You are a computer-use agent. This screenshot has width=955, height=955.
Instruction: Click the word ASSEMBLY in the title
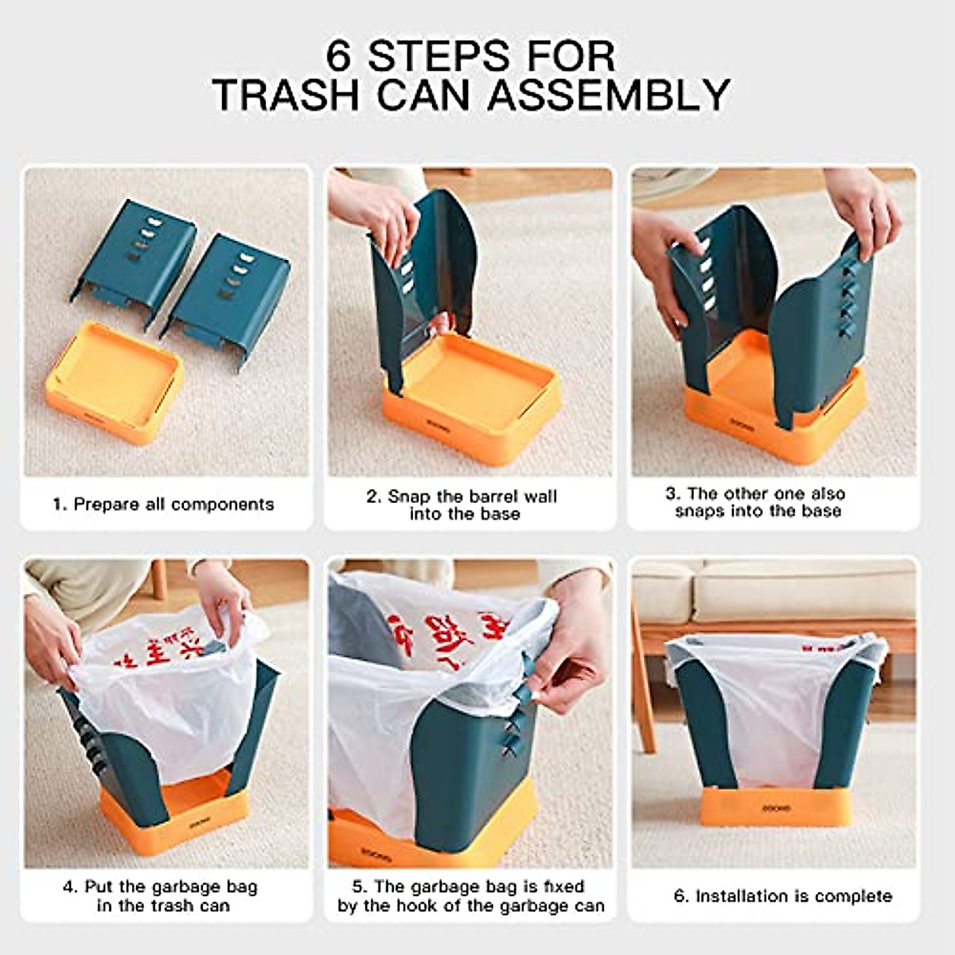[608, 95]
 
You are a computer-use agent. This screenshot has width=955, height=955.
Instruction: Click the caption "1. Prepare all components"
[163, 504]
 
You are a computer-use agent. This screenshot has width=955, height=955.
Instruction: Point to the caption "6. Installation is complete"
[783, 896]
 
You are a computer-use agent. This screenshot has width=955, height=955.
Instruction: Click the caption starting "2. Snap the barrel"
[462, 505]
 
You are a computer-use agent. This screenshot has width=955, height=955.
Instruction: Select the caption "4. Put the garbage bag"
[161, 896]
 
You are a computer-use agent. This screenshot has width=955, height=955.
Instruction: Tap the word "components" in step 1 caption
[222, 504]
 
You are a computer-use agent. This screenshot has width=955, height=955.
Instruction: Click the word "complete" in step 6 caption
[854, 896]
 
